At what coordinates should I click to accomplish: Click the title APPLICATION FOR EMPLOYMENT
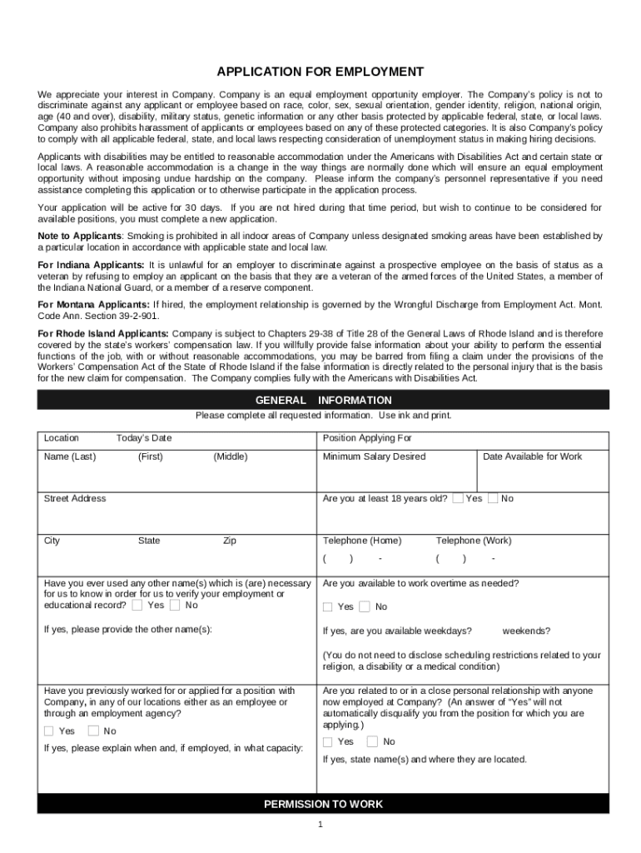(x=320, y=72)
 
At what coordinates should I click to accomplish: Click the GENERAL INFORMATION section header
(x=323, y=400)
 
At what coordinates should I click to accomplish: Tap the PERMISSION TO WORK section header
(x=323, y=804)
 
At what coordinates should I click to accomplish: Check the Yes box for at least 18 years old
(x=458, y=498)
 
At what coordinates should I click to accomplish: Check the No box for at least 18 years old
(x=493, y=498)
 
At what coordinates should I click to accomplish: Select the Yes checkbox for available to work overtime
(x=328, y=606)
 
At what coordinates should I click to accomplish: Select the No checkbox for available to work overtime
(x=365, y=606)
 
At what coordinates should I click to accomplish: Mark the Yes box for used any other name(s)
(x=137, y=606)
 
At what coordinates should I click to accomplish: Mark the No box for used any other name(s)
(x=174, y=606)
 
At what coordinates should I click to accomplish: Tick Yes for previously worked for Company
(x=49, y=731)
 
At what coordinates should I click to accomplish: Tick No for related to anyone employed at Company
(x=372, y=741)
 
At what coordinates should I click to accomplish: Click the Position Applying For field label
(x=367, y=438)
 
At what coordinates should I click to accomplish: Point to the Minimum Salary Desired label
(x=374, y=456)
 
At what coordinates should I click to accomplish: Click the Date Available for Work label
(x=532, y=456)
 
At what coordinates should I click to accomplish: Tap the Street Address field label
(x=75, y=498)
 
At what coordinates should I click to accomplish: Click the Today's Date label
(x=144, y=438)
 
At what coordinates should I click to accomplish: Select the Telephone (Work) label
(x=474, y=541)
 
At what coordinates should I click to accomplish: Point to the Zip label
(x=229, y=541)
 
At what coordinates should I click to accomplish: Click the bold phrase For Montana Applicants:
(x=94, y=304)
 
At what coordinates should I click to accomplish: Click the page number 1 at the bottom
(x=320, y=825)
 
